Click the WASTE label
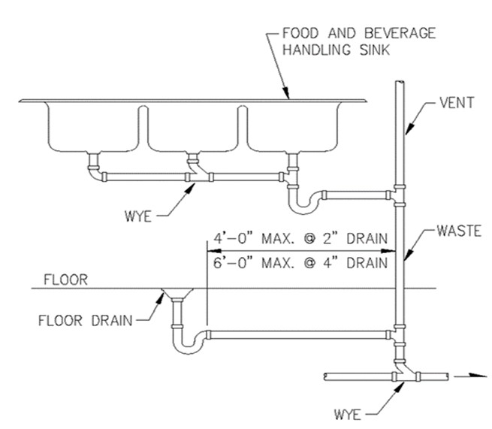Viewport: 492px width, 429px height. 460,232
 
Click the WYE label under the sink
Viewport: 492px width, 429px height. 139,219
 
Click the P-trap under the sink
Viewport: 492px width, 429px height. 303,200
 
